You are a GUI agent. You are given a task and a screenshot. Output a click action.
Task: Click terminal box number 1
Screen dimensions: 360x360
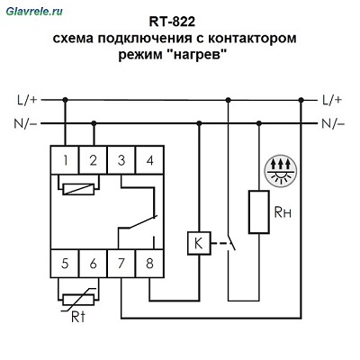click(65, 160)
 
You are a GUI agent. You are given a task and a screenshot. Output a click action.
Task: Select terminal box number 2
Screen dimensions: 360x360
click(93, 160)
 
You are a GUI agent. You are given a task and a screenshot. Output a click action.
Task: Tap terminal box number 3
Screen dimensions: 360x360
click(121, 160)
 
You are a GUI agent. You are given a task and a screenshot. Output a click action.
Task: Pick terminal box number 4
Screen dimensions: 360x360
click(149, 160)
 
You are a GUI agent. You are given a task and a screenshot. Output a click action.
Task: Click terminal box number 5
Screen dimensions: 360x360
click(65, 263)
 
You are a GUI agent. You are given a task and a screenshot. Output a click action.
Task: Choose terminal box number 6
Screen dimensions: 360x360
click(93, 263)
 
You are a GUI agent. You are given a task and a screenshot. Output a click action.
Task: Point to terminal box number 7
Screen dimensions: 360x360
click(121, 263)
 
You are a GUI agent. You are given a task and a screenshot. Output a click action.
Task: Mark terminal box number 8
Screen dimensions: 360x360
click(149, 263)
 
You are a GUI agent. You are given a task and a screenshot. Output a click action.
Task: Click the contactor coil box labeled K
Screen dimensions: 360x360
click(199, 243)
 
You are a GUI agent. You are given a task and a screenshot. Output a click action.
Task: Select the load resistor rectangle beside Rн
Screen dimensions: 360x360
click(259, 211)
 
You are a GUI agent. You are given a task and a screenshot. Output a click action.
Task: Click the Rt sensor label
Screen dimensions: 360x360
click(78, 317)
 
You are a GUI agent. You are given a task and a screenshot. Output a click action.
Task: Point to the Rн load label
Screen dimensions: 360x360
click(283, 212)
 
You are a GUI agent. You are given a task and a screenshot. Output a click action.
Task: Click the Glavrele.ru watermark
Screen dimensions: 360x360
click(34, 12)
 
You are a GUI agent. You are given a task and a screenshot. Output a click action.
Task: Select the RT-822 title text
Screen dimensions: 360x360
click(172, 22)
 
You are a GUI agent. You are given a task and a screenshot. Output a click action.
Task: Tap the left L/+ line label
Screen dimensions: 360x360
click(27, 100)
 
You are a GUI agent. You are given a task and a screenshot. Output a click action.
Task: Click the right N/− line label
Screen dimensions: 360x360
click(333, 123)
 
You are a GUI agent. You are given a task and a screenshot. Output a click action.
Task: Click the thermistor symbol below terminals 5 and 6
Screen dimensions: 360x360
click(78, 299)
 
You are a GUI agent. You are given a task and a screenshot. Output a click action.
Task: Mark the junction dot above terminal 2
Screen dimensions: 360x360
click(94, 123)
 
